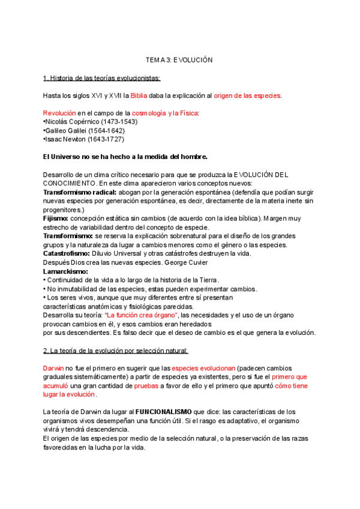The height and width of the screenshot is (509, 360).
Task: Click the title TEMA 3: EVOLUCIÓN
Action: click(x=179, y=61)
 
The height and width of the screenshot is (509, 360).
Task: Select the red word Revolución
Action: click(x=59, y=113)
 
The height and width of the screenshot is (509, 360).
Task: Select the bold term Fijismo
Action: click(x=55, y=218)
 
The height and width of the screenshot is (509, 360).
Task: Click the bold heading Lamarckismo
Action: click(x=65, y=271)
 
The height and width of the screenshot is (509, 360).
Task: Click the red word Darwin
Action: click(x=53, y=368)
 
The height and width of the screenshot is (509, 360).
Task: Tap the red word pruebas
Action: click(x=146, y=386)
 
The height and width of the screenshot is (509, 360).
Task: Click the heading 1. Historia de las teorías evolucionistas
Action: click(x=101, y=78)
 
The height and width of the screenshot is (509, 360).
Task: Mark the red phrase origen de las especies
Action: click(x=247, y=95)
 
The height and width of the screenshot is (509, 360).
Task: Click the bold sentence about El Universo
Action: click(x=125, y=157)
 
